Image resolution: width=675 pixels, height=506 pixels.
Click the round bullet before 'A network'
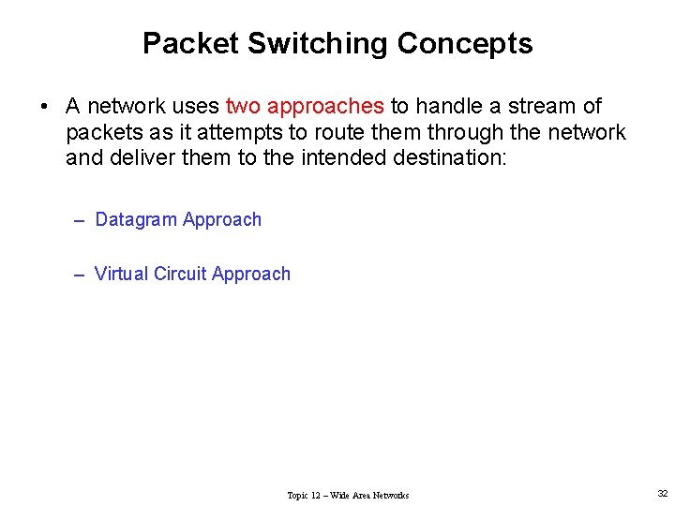tap(44, 107)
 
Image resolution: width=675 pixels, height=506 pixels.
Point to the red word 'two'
tap(245, 107)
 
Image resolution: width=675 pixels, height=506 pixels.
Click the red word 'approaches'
tap(325, 107)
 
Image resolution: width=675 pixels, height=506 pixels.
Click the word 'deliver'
tap(145, 157)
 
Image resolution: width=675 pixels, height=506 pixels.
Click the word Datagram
tap(136, 220)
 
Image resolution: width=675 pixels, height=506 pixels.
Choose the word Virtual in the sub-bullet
tap(121, 275)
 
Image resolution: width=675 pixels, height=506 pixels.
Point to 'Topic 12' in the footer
tap(307, 495)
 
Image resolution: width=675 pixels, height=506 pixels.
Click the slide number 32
tap(663, 493)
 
